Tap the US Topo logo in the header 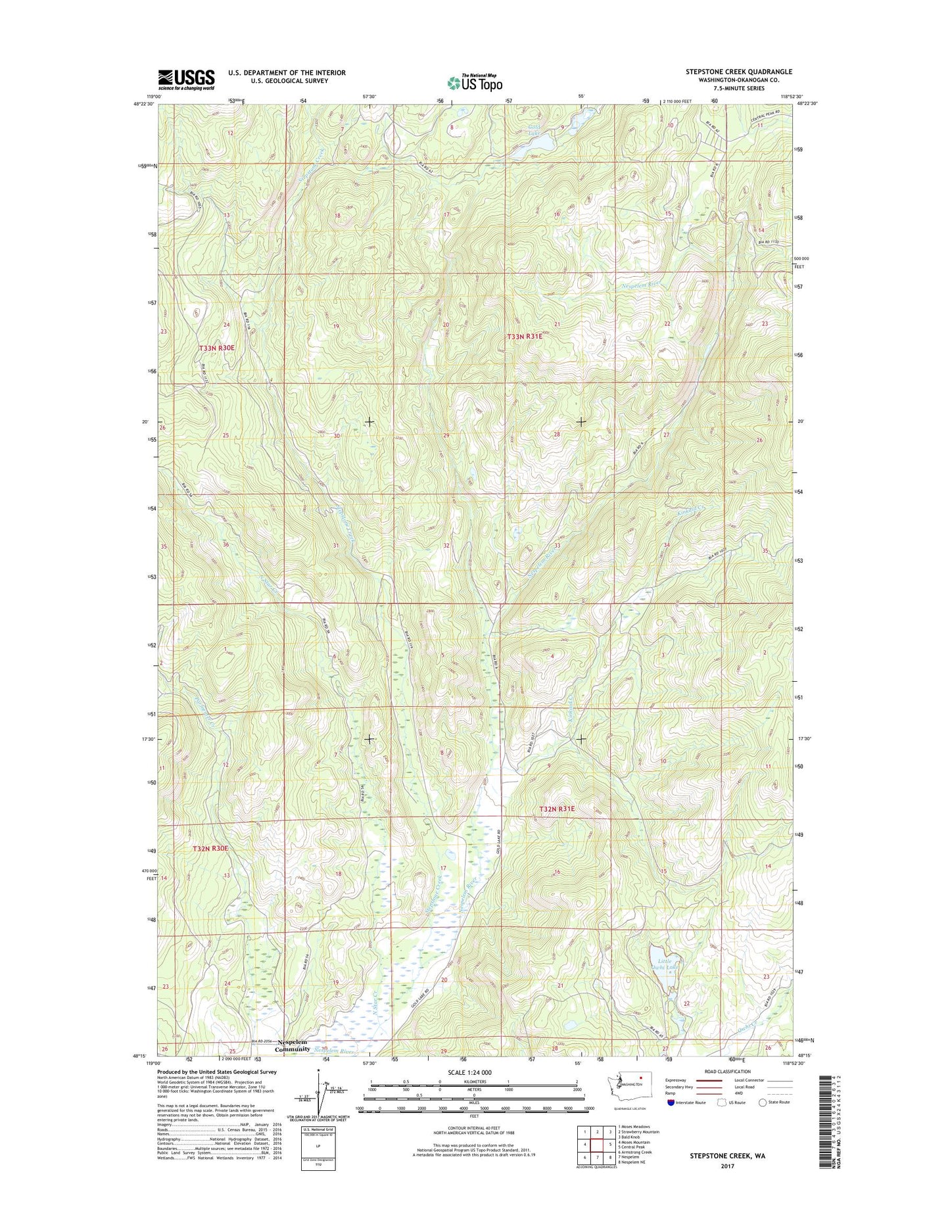point(475,83)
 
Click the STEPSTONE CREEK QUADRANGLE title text point(739,72)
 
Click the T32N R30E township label point(210,848)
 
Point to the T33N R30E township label point(217,346)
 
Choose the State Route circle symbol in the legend point(763,1102)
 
